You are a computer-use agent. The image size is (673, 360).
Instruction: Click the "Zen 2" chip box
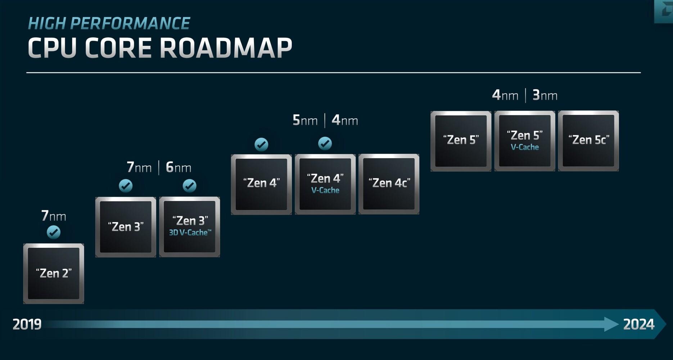click(54, 274)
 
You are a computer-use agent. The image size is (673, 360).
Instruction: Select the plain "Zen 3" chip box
click(126, 227)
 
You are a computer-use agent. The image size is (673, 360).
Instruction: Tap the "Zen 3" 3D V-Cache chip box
click(190, 227)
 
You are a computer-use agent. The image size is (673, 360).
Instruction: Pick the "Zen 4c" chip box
click(389, 184)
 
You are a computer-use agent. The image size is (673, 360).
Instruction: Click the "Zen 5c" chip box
click(588, 141)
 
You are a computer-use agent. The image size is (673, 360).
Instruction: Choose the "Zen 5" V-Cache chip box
click(525, 141)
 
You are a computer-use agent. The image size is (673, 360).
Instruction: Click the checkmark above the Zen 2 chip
click(54, 232)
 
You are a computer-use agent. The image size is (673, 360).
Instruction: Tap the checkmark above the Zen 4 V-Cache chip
click(325, 144)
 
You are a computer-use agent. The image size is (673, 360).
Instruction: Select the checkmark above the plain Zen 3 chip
click(126, 186)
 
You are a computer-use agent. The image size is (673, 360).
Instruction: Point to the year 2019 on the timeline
click(27, 324)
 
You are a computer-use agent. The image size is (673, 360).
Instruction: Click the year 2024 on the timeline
click(638, 324)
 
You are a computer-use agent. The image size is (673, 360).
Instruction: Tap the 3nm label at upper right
click(545, 95)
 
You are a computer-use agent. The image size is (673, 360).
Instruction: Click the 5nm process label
click(305, 120)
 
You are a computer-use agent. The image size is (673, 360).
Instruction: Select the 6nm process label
click(179, 167)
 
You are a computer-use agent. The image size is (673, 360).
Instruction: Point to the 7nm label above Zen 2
click(54, 216)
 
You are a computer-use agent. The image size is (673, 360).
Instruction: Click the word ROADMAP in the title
click(226, 48)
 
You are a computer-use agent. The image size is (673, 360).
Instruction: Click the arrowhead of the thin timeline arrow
click(612, 324)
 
